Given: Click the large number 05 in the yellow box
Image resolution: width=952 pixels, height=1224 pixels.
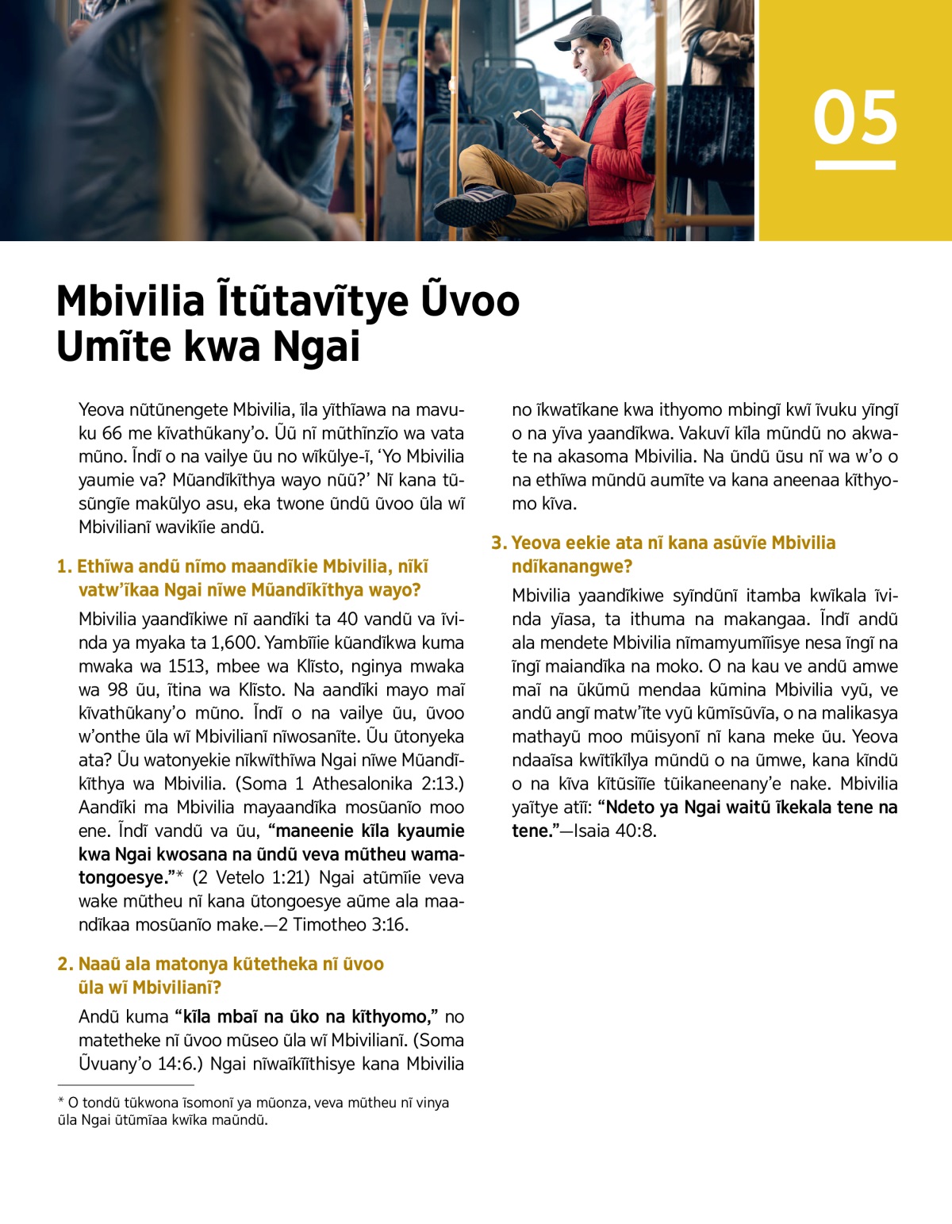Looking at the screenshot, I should (x=855, y=117).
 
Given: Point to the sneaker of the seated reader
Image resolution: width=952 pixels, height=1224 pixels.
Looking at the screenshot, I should (x=474, y=208).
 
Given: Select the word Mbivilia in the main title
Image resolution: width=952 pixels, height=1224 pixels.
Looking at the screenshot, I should (x=131, y=301).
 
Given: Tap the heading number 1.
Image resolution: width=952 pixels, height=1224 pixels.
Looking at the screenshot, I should (x=63, y=566).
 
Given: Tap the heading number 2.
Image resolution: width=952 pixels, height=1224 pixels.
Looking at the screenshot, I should (x=64, y=964).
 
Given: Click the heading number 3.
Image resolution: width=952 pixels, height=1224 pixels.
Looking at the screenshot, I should (x=497, y=543).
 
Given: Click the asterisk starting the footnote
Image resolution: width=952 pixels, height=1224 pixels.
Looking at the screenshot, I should (x=61, y=1102).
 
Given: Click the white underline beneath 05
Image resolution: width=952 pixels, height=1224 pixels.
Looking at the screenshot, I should (x=855, y=165).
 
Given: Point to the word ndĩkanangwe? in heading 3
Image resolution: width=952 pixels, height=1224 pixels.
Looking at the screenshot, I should (x=571, y=566).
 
